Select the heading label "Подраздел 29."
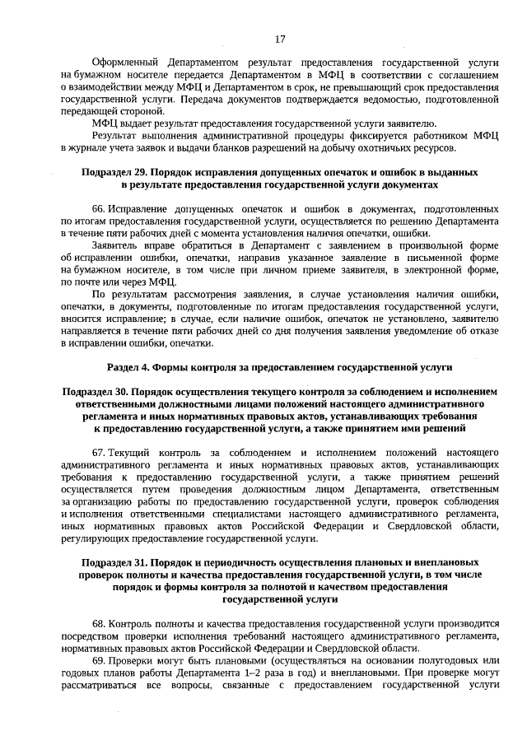coord(119,174)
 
